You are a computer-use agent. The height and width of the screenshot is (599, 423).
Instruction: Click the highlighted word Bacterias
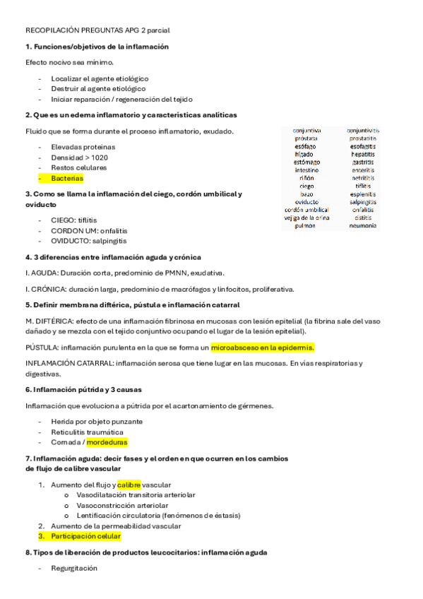[x=67, y=179]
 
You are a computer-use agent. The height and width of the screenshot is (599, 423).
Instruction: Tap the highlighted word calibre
[x=129, y=485]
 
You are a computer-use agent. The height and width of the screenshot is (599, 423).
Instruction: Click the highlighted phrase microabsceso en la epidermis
[x=263, y=348]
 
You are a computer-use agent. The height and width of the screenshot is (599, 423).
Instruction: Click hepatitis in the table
[x=363, y=154]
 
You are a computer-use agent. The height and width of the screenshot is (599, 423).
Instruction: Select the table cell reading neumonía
[x=363, y=226]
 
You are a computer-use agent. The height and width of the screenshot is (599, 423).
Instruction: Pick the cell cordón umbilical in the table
[x=306, y=210]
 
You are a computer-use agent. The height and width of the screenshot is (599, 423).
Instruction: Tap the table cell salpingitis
[x=363, y=202]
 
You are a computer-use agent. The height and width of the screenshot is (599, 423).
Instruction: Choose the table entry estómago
[x=306, y=162]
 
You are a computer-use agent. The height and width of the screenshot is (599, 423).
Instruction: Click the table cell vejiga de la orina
[x=306, y=218]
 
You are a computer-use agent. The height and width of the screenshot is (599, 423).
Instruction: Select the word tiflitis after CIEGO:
[x=85, y=220]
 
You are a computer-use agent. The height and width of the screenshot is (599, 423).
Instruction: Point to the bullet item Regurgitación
[x=74, y=568]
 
